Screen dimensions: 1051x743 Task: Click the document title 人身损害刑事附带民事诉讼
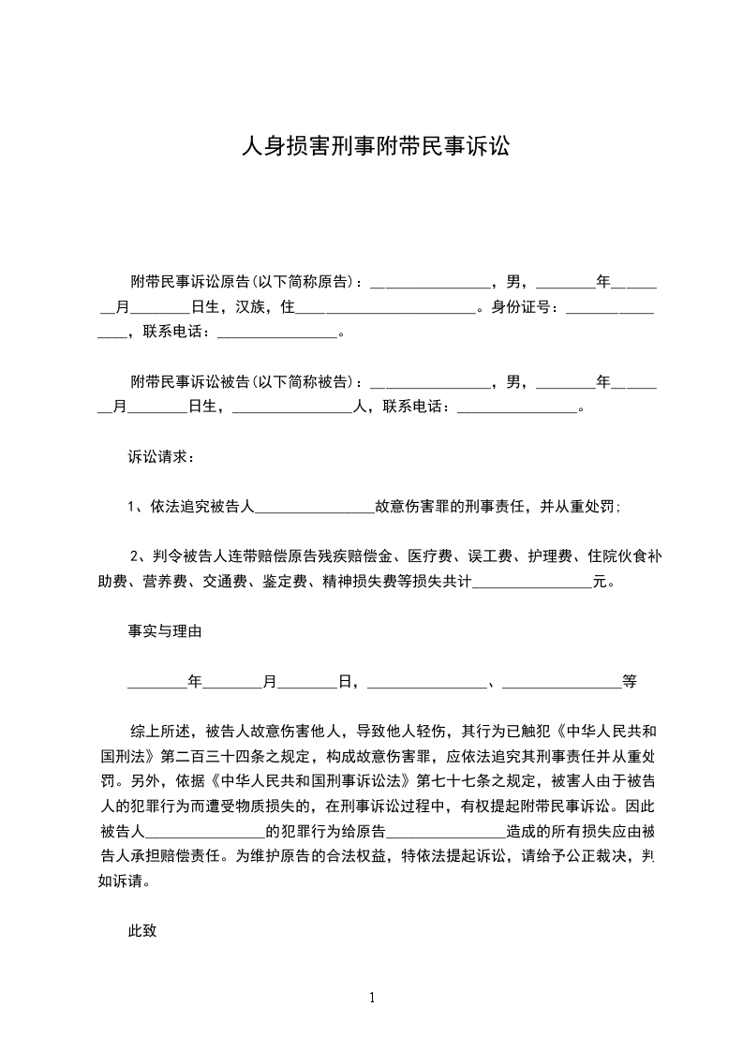[375, 146]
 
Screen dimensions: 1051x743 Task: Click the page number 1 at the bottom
[372, 997]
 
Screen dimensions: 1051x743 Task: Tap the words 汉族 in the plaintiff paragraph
[248, 305]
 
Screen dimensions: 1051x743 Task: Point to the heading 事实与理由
[165, 631]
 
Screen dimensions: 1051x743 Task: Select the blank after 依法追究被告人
[314, 507]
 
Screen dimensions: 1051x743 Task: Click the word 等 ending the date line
[630, 681]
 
